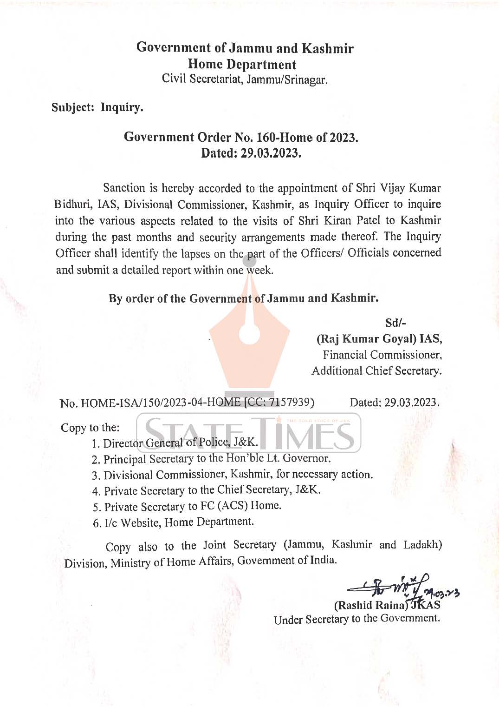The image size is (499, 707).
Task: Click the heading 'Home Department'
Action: [242, 65]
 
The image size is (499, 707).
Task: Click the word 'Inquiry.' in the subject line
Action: [122, 107]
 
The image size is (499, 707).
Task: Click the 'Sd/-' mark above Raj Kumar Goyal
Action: [395, 323]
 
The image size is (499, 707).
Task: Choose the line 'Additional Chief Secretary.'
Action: [376, 371]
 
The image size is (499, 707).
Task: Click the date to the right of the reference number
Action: [394, 403]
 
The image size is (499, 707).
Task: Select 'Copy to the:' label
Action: [90, 428]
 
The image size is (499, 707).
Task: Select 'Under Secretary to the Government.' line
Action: [356, 619]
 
